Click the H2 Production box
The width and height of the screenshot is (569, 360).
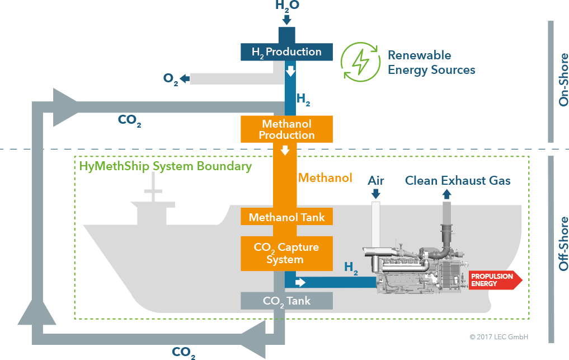click(x=286, y=52)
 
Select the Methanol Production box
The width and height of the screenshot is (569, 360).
click(x=286, y=129)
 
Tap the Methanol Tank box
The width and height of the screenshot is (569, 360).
click(x=286, y=217)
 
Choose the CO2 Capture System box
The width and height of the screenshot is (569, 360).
click(x=286, y=253)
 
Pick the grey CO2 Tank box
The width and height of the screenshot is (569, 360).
click(x=286, y=301)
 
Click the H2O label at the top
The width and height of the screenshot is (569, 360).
click(x=288, y=6)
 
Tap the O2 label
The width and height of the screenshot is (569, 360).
click(x=171, y=79)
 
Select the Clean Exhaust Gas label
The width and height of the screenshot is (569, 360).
click(x=458, y=180)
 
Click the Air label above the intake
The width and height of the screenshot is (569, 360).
click(x=375, y=180)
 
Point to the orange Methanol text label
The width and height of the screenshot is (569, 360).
click(x=325, y=178)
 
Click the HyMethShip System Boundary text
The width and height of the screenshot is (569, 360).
click(x=166, y=166)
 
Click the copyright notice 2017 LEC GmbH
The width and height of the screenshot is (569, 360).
click(x=499, y=337)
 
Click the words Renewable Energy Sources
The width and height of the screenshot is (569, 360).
click(x=431, y=63)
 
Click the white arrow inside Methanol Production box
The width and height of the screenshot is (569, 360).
click(x=285, y=150)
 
